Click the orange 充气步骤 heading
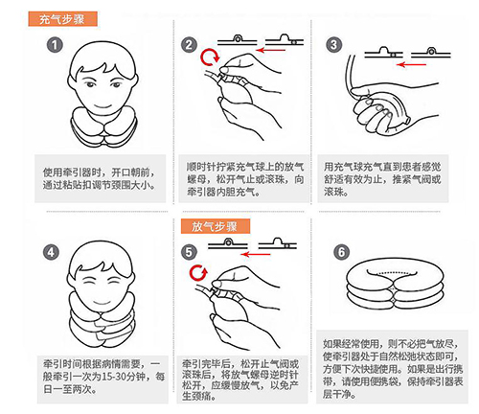pos(62,19)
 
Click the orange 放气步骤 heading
pos(216,226)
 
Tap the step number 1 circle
pos(55,45)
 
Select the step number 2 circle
pos(189,45)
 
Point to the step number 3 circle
pos(333,45)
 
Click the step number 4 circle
pos(51,253)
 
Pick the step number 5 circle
pos(189,252)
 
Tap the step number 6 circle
pos(341,252)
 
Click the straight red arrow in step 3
pos(411,65)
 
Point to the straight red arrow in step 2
pos(271,50)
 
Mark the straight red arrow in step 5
pos(256,254)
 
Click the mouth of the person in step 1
pos(103,106)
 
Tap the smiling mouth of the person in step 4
pos(102,302)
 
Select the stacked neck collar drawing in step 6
pos(395,285)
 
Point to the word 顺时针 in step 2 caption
pos(201,167)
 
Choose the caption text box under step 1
pos(101,178)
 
